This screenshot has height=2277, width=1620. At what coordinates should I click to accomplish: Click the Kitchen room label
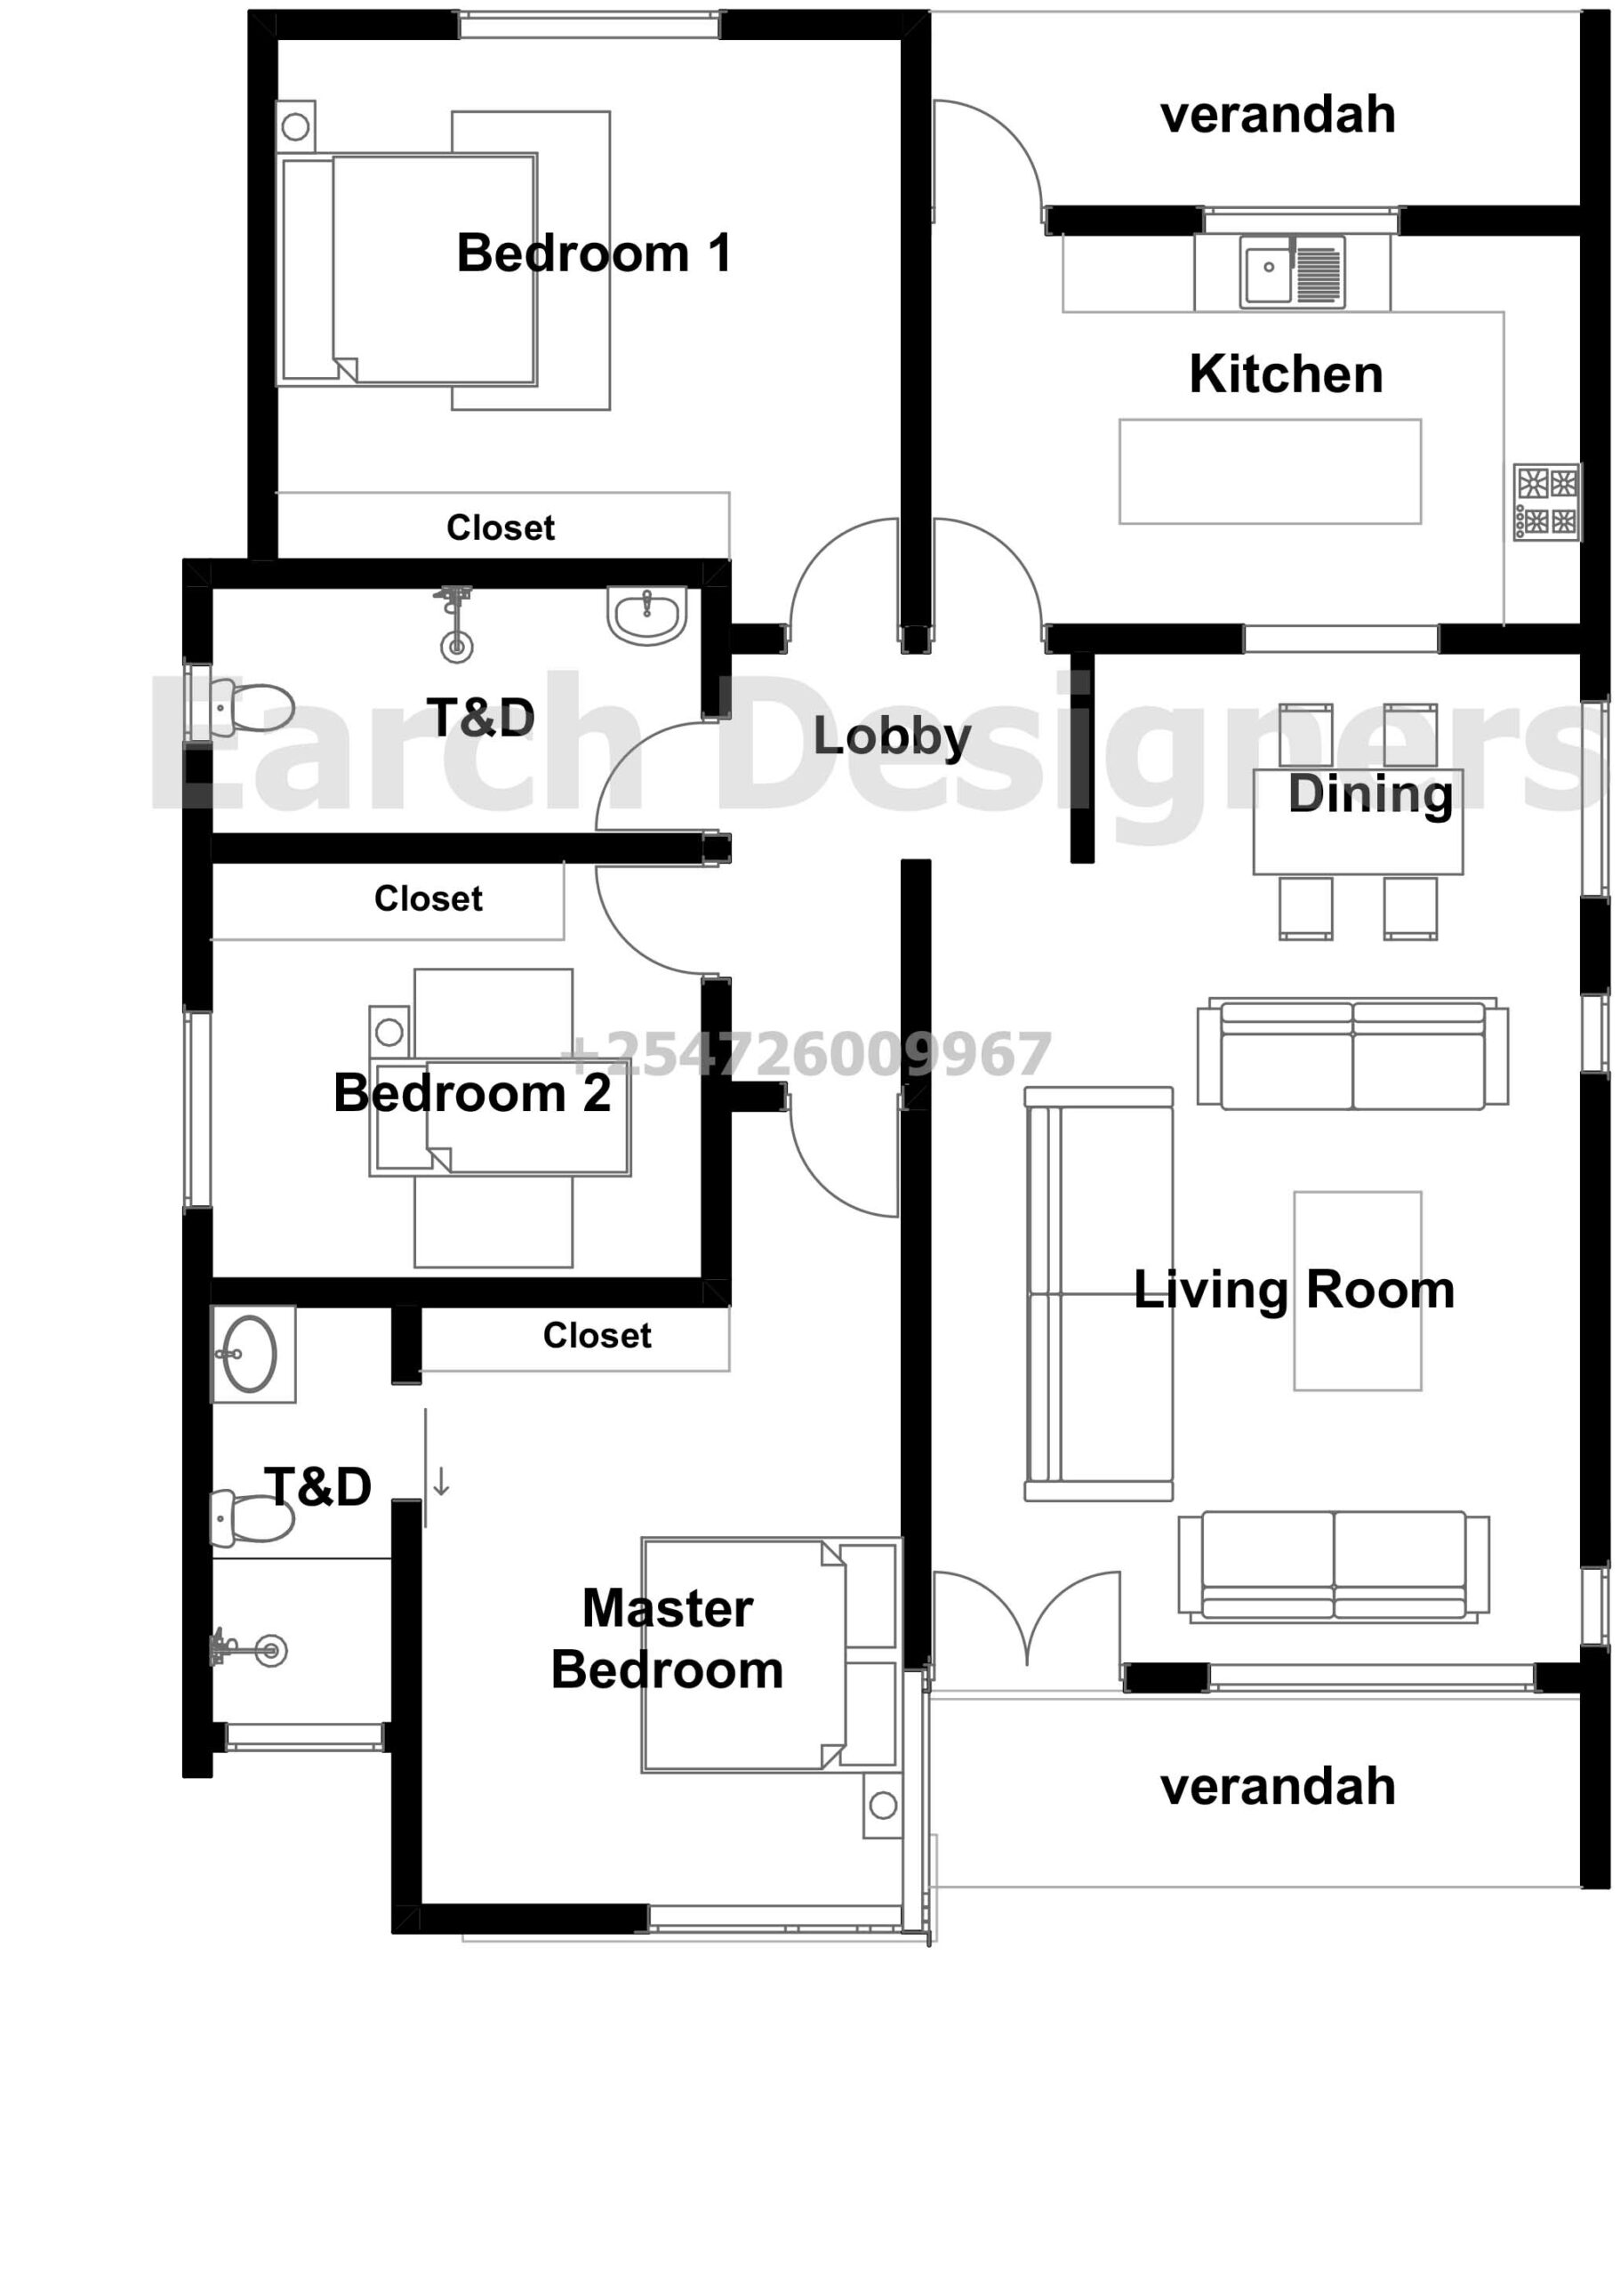[x=1286, y=375]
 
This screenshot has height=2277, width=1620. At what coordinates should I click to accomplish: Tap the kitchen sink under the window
[x=1292, y=271]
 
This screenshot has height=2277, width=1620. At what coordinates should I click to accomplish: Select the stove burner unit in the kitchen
[x=1545, y=502]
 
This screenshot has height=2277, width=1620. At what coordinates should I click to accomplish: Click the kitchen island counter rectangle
[x=1269, y=471]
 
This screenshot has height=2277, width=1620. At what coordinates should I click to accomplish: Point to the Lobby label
[x=891, y=738]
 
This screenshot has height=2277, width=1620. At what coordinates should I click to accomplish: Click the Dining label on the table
[x=1369, y=795]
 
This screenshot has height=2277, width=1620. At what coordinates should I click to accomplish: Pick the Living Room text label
[x=1294, y=1291]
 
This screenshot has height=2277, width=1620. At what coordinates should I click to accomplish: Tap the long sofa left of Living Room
[x=1098, y=1294]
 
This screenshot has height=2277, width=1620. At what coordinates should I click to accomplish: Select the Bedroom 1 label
[x=594, y=253]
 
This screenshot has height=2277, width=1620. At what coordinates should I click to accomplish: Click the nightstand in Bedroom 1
[x=295, y=126]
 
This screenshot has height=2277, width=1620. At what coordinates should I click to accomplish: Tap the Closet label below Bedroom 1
[x=500, y=527]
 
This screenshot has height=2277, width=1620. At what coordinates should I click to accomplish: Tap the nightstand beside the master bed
[x=882, y=1805]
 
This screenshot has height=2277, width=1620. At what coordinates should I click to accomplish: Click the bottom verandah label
[x=1277, y=1786]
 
